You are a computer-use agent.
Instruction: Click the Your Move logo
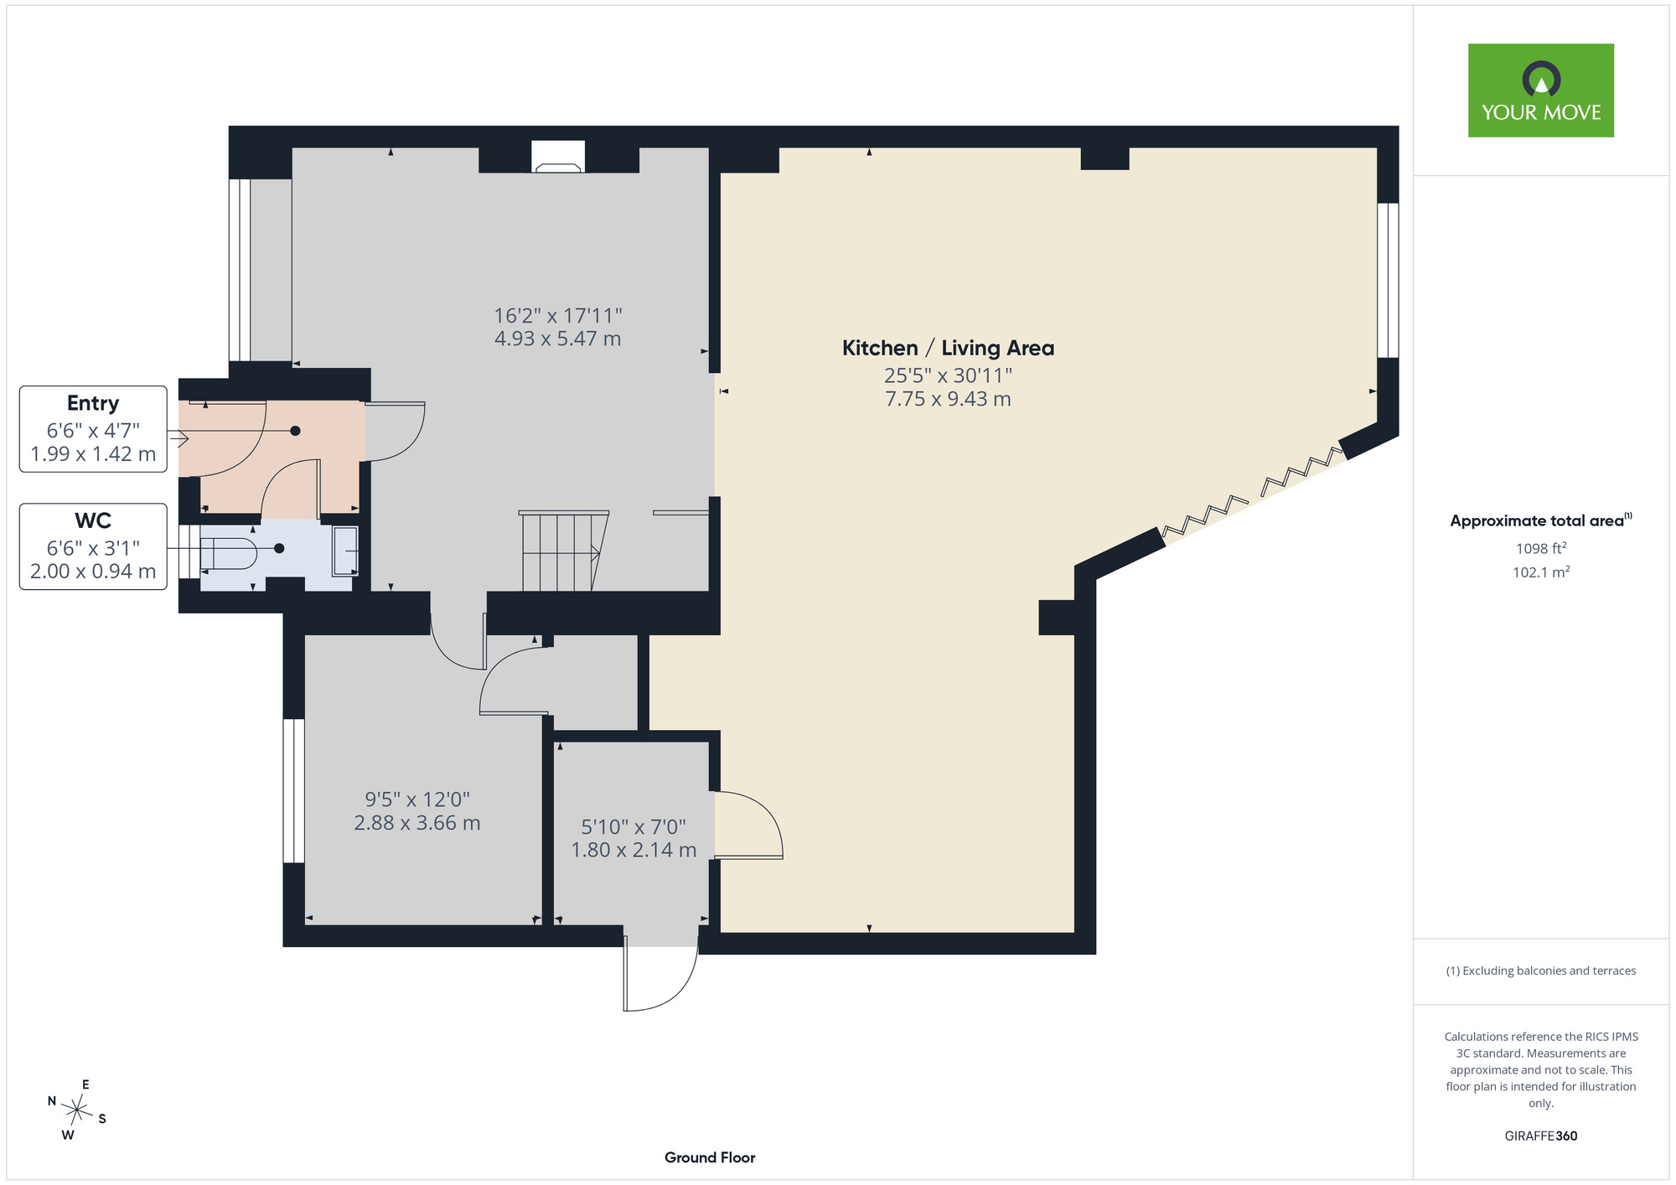click(x=1540, y=91)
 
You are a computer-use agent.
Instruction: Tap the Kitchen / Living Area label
click(x=948, y=348)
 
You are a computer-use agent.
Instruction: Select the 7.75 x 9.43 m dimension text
click(x=948, y=399)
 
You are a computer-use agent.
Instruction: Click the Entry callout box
click(x=93, y=429)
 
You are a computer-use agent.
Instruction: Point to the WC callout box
click(x=93, y=546)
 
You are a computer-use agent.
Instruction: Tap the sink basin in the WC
click(x=345, y=551)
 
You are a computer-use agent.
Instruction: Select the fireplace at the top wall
click(x=558, y=157)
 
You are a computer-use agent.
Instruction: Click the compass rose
click(x=77, y=1110)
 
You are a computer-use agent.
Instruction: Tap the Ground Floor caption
click(x=710, y=1157)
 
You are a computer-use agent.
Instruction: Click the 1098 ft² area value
click(x=1541, y=548)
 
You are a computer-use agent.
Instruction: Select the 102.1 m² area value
click(x=1541, y=572)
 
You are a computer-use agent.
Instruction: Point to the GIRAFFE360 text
click(x=1541, y=1136)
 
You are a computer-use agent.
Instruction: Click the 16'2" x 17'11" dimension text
click(x=558, y=316)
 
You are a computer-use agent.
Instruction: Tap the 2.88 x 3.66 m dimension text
click(x=417, y=823)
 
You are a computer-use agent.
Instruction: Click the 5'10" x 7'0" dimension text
click(x=634, y=827)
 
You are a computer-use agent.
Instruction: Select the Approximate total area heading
click(x=1541, y=520)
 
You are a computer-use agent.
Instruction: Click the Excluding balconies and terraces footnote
click(x=1541, y=970)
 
